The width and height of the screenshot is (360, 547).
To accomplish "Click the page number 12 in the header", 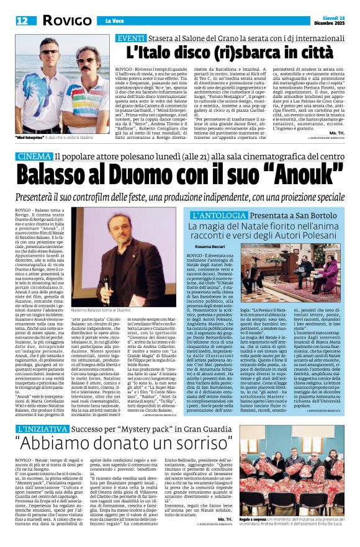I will point(22,20).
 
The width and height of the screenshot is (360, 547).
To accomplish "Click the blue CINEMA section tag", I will point(35,156).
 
